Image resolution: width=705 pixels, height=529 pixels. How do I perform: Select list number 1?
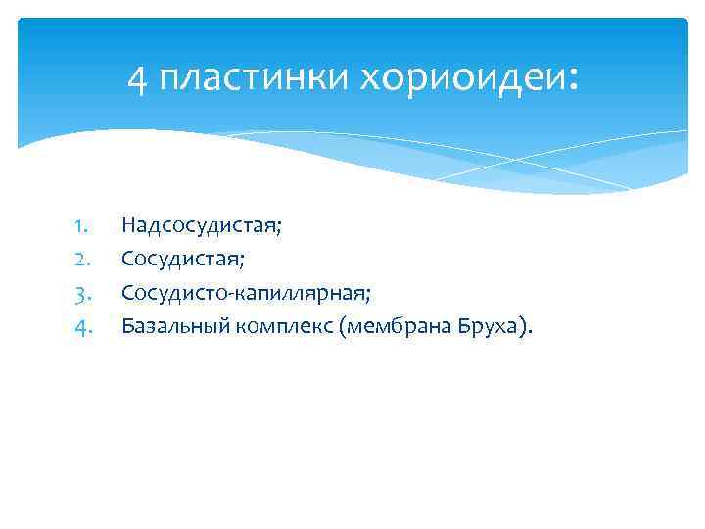(x=81, y=226)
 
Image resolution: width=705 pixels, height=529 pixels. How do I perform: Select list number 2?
(x=81, y=260)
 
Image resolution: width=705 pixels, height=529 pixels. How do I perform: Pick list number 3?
(x=81, y=292)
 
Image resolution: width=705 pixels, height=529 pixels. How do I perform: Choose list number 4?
(x=81, y=325)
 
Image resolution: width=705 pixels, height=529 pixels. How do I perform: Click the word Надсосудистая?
(x=199, y=226)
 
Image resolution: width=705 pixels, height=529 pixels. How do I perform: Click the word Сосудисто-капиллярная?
(x=245, y=292)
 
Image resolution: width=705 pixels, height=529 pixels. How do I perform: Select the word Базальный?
(x=173, y=325)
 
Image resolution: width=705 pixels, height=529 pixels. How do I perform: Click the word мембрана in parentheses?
(x=397, y=325)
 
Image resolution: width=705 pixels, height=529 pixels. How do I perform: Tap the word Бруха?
(x=490, y=325)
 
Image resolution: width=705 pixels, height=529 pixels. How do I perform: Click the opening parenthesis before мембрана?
(x=342, y=325)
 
